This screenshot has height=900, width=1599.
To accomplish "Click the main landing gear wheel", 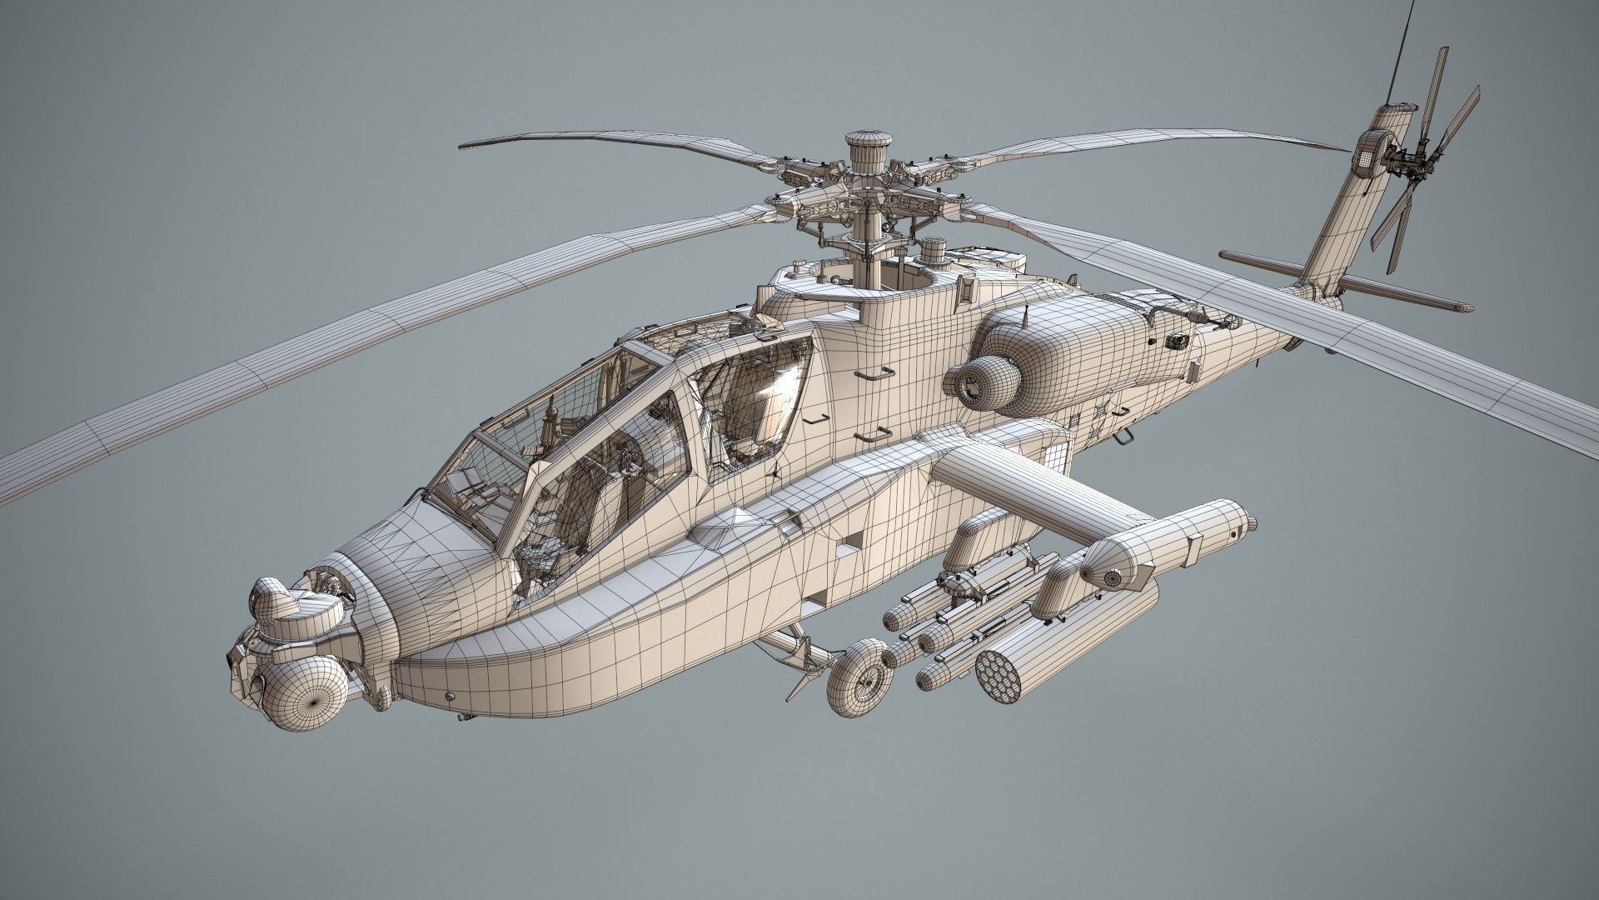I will [x=859, y=676].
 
